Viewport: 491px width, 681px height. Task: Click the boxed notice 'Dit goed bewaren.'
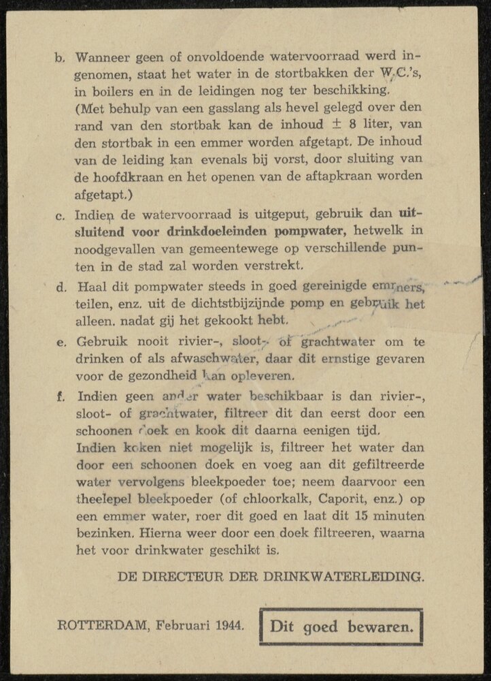[x=341, y=626]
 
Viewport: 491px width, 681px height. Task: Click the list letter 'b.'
[x=59, y=59]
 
